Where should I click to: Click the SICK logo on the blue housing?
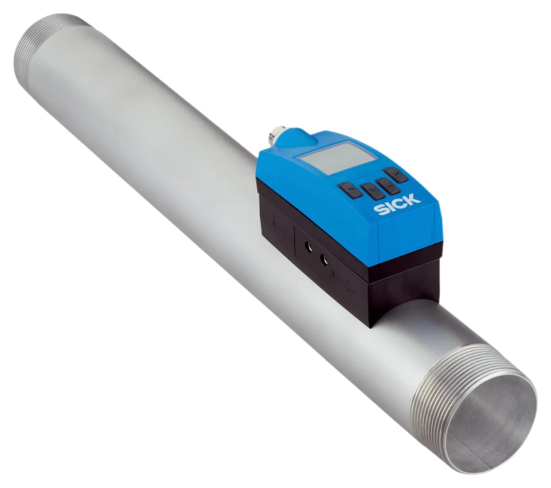pyautogui.click(x=397, y=205)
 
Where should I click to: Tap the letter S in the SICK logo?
pyautogui.click(x=380, y=210)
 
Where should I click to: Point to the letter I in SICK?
pyautogui.click(x=389, y=207)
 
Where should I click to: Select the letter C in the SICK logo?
pyautogui.click(x=399, y=203)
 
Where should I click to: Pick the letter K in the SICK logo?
pyautogui.click(x=413, y=199)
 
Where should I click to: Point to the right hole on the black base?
pyautogui.click(x=324, y=259)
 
